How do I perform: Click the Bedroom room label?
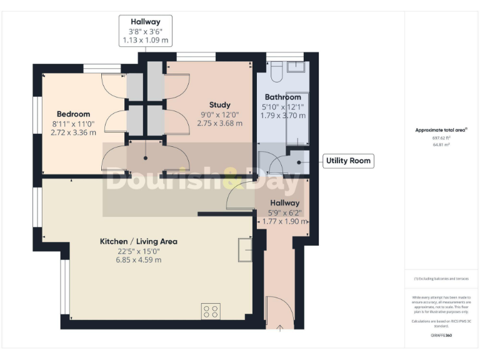tap(73, 114)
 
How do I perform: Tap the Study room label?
tap(219, 105)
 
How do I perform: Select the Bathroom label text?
tap(282, 97)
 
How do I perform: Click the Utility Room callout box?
tap(348, 161)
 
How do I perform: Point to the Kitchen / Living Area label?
tap(139, 241)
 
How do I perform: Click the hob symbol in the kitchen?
tap(211, 311)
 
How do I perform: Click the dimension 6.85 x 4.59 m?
tap(139, 260)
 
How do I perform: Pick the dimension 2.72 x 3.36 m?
tap(73, 132)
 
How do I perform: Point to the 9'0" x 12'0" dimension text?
tap(219, 114)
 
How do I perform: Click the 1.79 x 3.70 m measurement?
tap(282, 116)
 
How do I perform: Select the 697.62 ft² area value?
tap(441, 137)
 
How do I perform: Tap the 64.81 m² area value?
tap(441, 144)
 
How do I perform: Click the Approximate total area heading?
tap(441, 130)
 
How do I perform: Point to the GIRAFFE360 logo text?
tap(441, 336)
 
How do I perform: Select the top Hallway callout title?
tap(145, 22)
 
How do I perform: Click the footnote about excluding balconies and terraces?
tap(441, 279)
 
